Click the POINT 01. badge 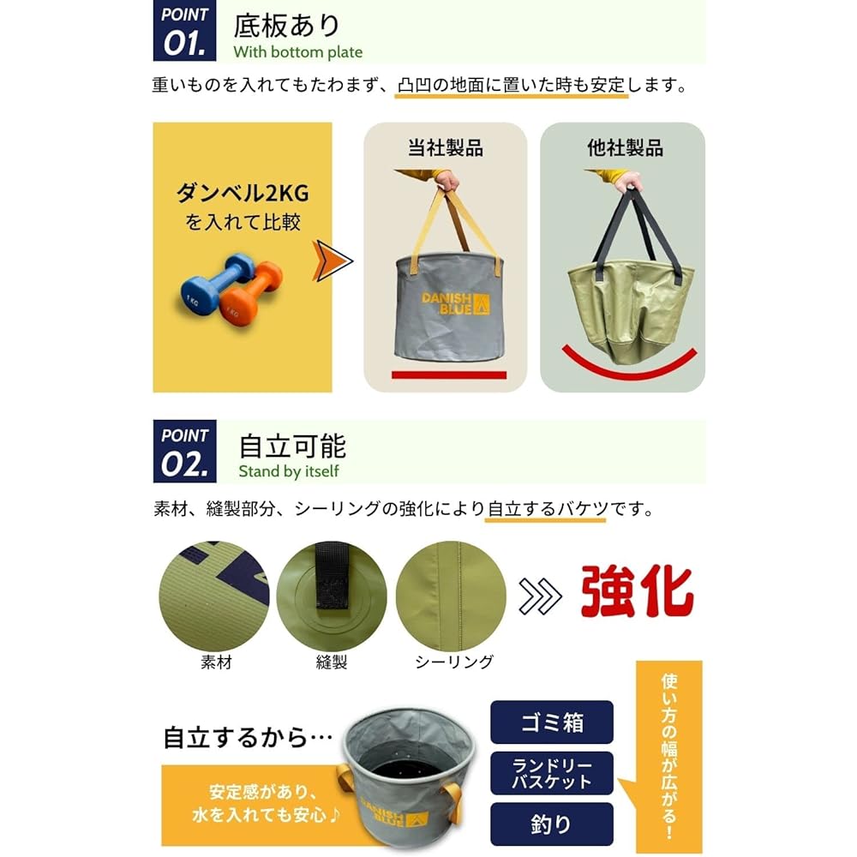(x=185, y=31)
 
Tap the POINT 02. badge (x=185, y=452)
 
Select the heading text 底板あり (x=287, y=26)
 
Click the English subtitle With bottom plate (x=298, y=52)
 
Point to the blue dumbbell (x=214, y=285)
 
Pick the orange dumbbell (x=251, y=295)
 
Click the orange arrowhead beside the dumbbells (x=333, y=261)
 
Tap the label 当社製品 (x=446, y=147)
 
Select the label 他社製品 (x=626, y=147)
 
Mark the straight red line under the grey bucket (x=449, y=375)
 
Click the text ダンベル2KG (x=243, y=193)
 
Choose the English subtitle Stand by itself (x=289, y=471)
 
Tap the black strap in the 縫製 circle (x=333, y=576)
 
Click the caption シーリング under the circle (x=454, y=662)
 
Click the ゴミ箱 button (x=551, y=722)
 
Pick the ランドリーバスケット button (x=551, y=773)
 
